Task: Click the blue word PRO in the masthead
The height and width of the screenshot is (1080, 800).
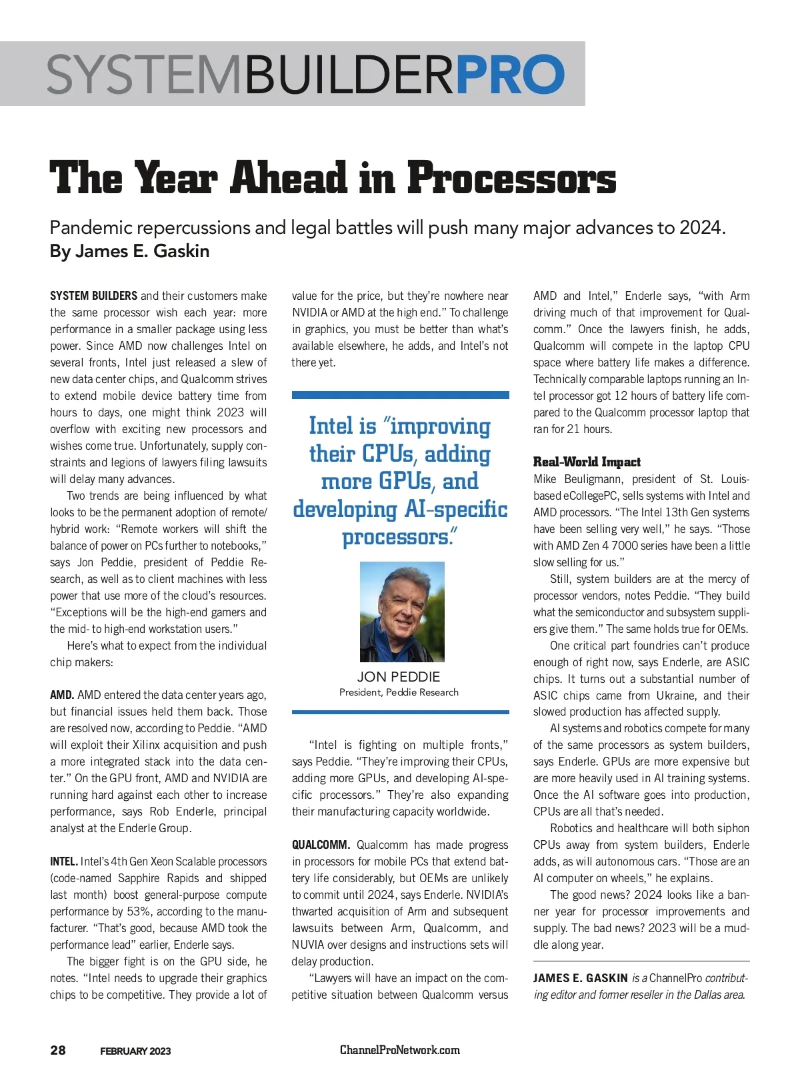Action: pyautogui.click(x=510, y=75)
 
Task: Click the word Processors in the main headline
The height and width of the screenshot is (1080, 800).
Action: pyautogui.click(x=511, y=179)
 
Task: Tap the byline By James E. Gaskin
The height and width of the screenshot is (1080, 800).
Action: pyautogui.click(x=129, y=251)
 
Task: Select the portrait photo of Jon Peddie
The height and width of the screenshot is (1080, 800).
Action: pyautogui.click(x=402, y=612)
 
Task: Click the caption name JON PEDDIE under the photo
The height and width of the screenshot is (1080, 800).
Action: pyautogui.click(x=399, y=677)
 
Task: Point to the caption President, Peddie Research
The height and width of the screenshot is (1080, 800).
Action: pyautogui.click(x=399, y=692)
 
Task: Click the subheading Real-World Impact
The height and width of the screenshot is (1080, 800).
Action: pyautogui.click(x=587, y=462)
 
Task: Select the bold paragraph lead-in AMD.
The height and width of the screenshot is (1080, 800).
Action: pyautogui.click(x=62, y=696)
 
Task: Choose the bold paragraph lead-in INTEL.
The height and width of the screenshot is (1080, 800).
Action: pyautogui.click(x=64, y=862)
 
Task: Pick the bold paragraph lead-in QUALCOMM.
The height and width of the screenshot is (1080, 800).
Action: pyautogui.click(x=321, y=845)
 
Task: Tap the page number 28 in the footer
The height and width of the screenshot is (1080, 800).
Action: pyautogui.click(x=58, y=1050)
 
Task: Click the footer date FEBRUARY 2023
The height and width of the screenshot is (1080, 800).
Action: pyautogui.click(x=135, y=1051)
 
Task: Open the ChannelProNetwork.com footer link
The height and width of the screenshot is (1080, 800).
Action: pyautogui.click(x=400, y=1050)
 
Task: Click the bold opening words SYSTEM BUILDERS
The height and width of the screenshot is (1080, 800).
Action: pyautogui.click(x=93, y=296)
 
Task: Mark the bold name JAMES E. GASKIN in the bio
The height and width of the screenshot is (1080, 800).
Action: pyautogui.click(x=580, y=979)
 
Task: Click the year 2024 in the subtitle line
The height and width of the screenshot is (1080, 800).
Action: pyautogui.click(x=700, y=228)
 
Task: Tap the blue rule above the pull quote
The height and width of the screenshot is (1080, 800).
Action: pyautogui.click(x=400, y=395)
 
